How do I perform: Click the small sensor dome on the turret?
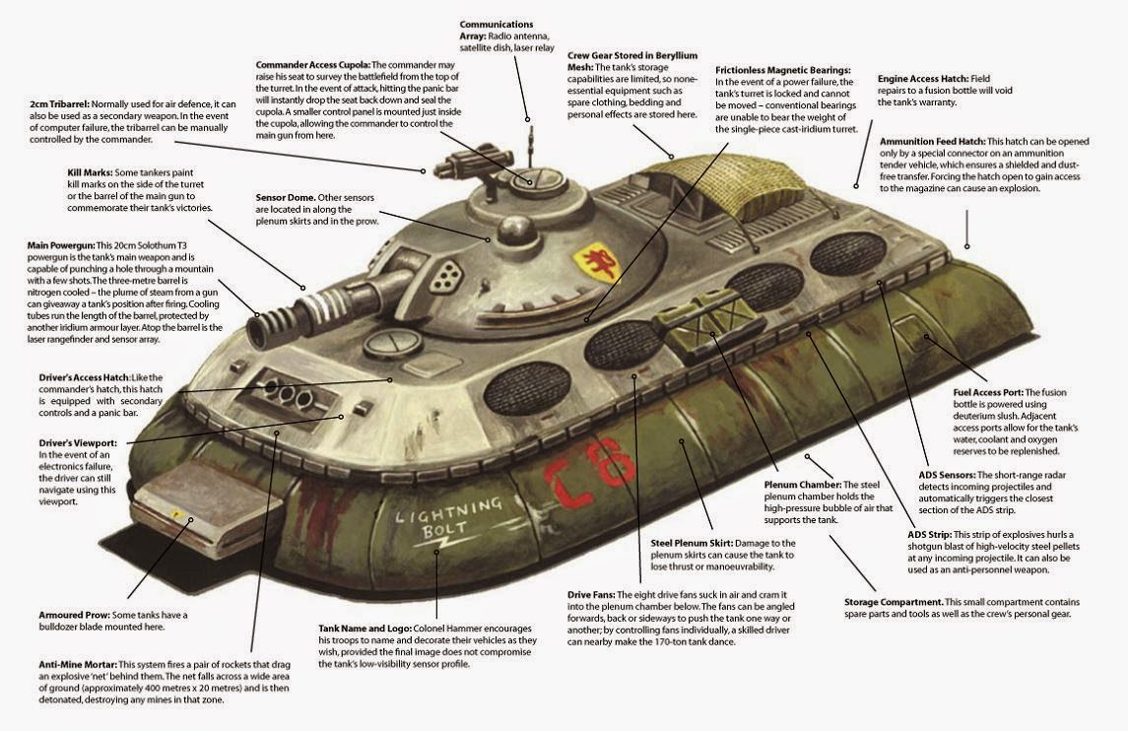(x=516, y=233)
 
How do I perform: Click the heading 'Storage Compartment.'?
(x=894, y=602)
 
